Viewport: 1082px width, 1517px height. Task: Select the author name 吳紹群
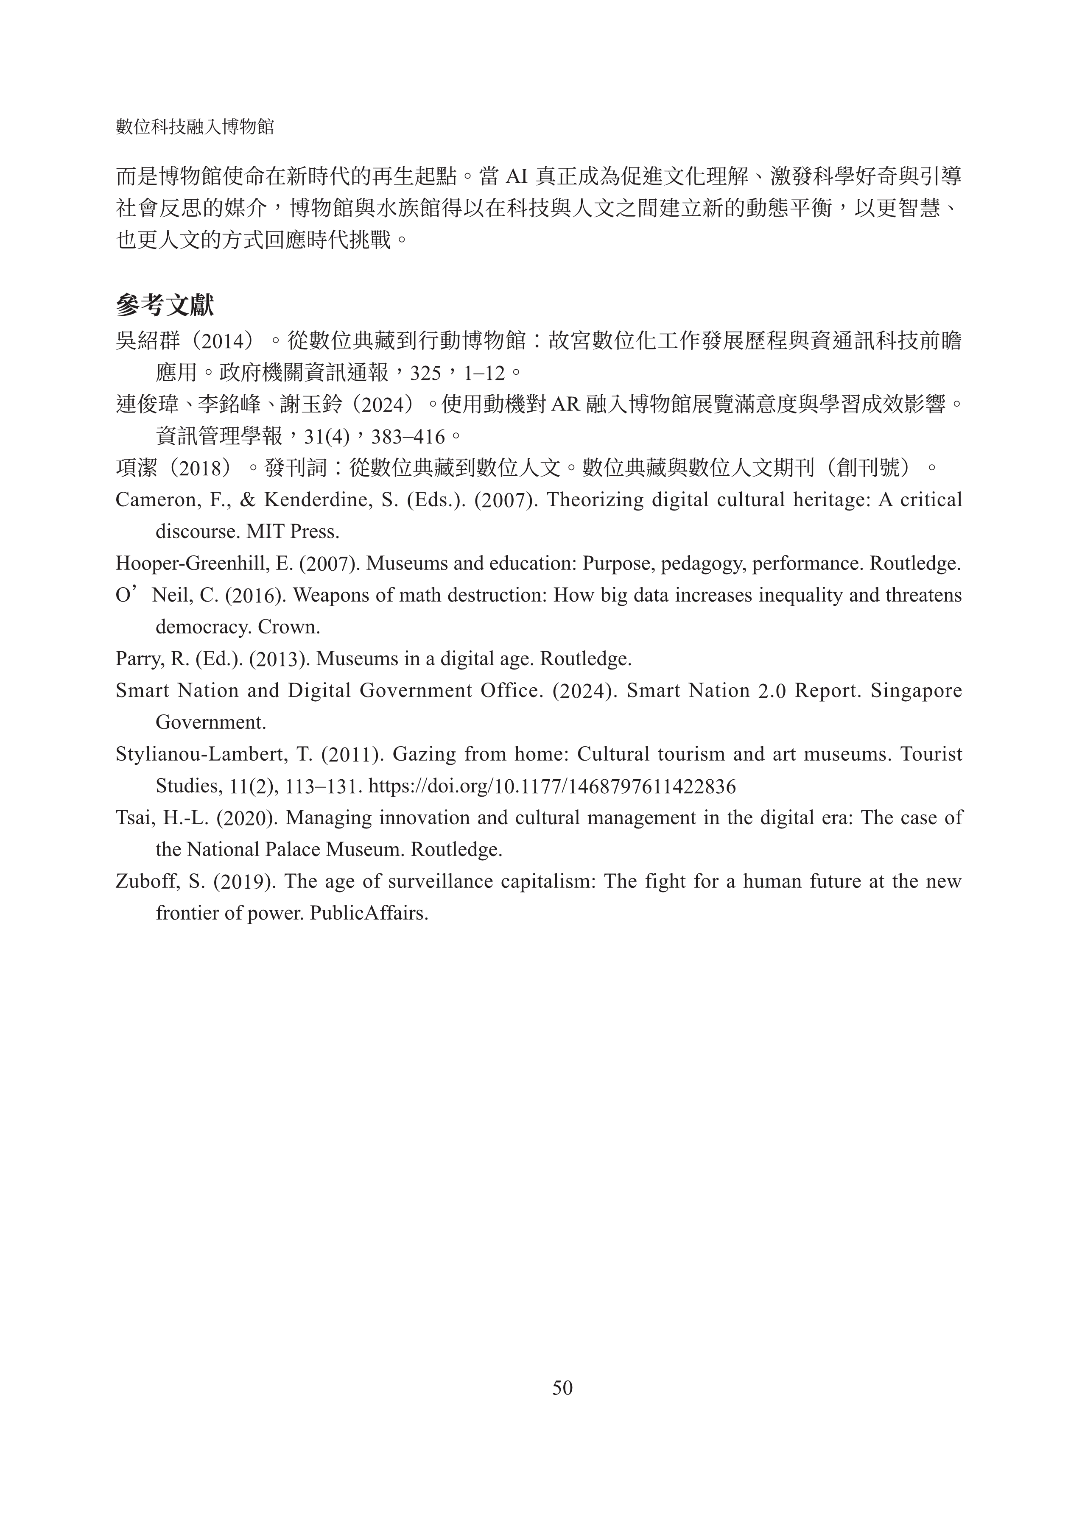148,342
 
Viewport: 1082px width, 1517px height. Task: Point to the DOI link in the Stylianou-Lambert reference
552,786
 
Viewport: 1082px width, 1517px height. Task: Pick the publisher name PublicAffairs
369,913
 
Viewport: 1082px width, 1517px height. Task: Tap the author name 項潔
137,468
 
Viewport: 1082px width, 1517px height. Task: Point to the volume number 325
425,374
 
